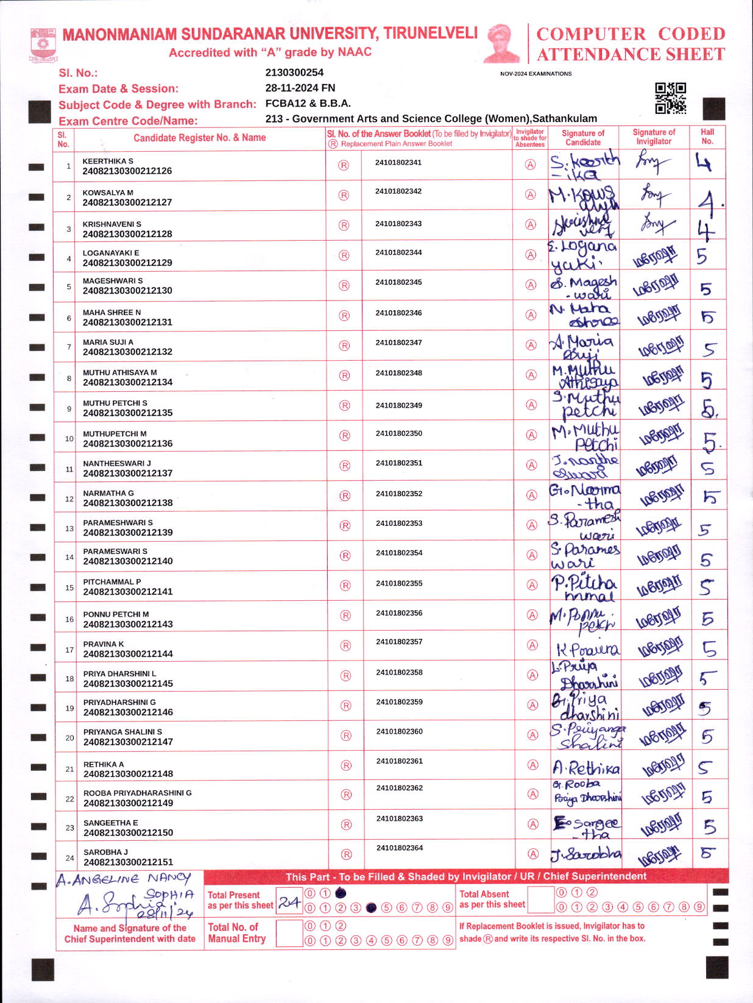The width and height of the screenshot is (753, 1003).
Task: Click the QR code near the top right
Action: (670, 98)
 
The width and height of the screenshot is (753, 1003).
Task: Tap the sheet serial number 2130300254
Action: (294, 73)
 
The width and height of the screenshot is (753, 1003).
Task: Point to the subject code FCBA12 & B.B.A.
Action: (308, 104)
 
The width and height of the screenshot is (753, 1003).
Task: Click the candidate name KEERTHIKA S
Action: (108, 161)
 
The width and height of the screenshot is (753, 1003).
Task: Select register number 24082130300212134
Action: (128, 382)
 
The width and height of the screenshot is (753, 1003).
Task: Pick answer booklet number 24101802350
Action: (398, 433)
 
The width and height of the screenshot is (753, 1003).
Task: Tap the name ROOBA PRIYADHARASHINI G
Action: (138, 793)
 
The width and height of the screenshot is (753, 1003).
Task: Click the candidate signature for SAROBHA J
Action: (585, 854)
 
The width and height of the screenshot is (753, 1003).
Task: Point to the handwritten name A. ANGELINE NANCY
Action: (124, 879)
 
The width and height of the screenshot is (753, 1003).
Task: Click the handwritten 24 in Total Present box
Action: (289, 903)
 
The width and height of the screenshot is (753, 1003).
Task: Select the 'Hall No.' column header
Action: (707, 136)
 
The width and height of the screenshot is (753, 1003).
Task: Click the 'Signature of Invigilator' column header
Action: (654, 136)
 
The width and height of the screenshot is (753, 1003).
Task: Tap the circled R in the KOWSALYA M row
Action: (344, 195)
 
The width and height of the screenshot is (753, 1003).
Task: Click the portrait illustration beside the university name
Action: (503, 43)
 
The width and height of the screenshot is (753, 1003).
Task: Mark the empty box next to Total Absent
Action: (540, 899)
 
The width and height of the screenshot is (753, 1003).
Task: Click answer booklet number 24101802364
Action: (399, 848)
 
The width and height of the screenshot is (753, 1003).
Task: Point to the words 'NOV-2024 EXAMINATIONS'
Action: (536, 74)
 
